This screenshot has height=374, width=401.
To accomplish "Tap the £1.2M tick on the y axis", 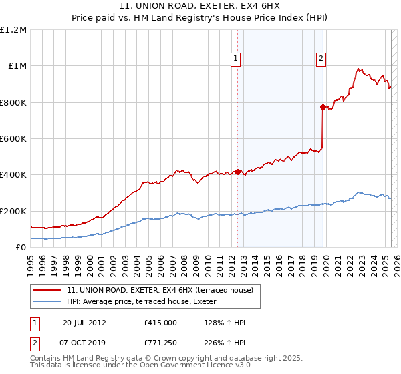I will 13,30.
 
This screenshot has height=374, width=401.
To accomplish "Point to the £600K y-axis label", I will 13,139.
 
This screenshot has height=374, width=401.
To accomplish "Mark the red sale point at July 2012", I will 237,172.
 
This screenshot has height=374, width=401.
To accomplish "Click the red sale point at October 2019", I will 323,107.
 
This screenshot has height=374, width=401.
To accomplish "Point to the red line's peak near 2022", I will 359,69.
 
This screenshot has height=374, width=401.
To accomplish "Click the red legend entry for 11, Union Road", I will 159,291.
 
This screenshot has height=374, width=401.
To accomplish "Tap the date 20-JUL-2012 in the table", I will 84,323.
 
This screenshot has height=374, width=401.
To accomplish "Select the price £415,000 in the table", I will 160,323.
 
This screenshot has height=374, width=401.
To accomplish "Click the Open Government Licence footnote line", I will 142,367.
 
